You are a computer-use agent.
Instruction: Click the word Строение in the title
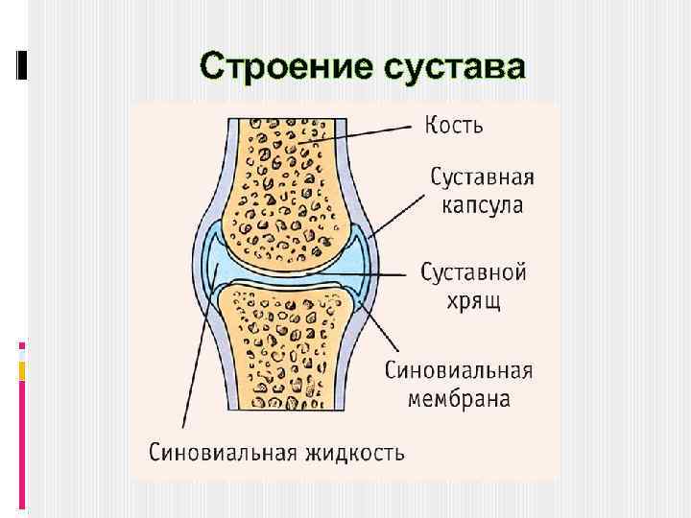point(283,67)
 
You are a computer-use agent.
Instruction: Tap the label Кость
point(454,125)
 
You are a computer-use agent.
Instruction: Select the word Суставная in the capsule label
point(481,178)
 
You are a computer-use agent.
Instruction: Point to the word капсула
point(481,205)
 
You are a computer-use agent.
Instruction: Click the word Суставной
point(474,272)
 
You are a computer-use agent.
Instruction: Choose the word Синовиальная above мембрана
point(460,369)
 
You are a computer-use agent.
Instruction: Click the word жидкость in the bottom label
point(354,450)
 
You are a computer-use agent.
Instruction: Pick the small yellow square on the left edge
point(22,370)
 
